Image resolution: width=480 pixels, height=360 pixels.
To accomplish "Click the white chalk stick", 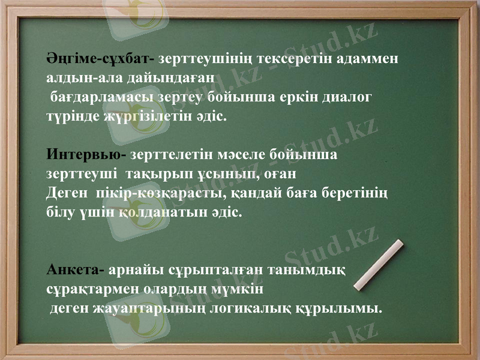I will pyautogui.click(x=379, y=265).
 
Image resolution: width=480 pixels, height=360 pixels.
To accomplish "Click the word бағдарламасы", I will pyautogui.click(x=100, y=96).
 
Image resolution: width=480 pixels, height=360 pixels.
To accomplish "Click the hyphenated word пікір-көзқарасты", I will pyautogui.click(x=155, y=193).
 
